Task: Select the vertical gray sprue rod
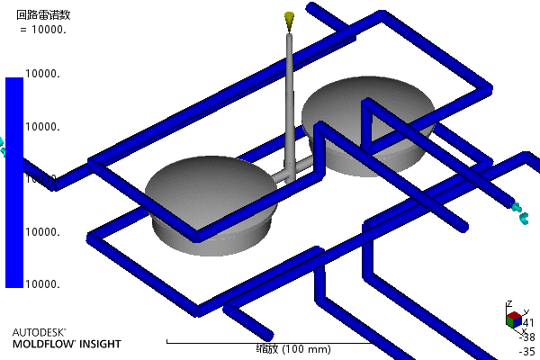(289, 99)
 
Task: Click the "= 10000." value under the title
(44, 29)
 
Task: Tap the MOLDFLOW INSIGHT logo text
(66, 344)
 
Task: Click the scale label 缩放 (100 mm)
(268, 349)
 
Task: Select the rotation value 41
(528, 323)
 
